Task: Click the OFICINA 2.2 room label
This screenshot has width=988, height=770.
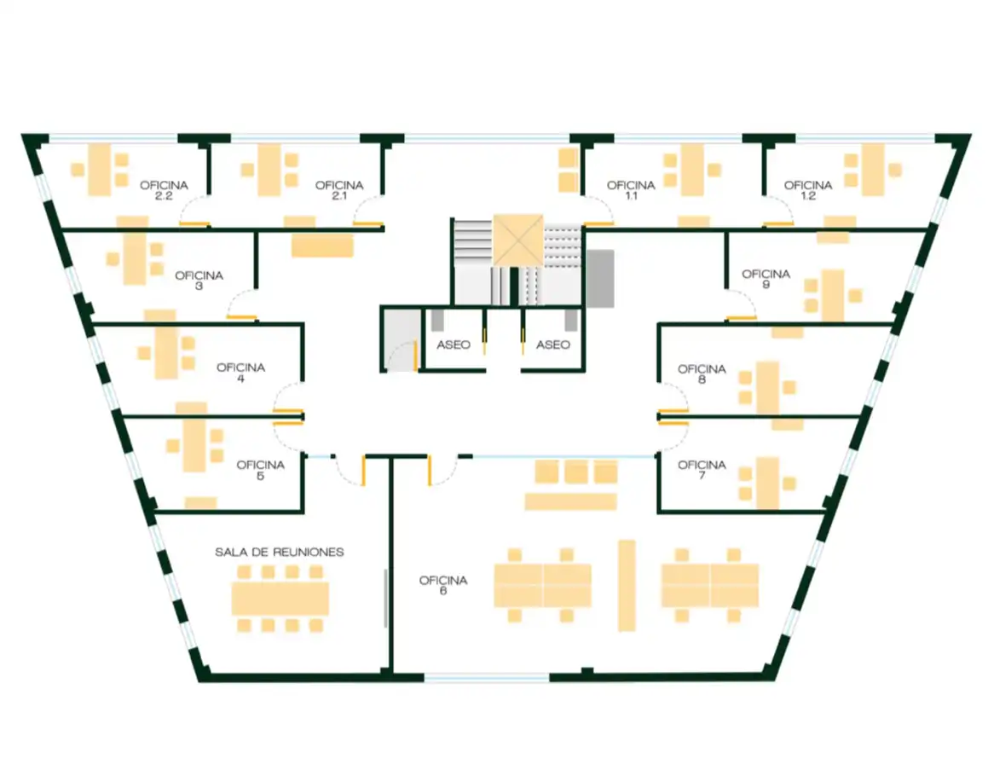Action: tap(164, 189)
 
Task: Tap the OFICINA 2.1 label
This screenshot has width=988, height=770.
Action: tap(339, 189)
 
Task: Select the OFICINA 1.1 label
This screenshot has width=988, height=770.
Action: tap(631, 189)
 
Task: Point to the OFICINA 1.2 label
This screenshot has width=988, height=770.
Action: tap(808, 189)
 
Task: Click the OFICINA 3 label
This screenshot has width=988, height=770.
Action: tap(199, 280)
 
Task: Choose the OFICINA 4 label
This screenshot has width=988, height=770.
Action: tap(240, 372)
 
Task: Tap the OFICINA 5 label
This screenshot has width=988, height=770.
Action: tap(260, 470)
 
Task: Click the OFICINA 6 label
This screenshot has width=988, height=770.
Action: tap(443, 585)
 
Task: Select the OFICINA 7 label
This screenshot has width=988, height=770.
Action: tap(702, 470)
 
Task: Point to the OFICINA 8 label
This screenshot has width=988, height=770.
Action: tap(702, 373)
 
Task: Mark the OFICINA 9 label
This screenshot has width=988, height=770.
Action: tap(766, 279)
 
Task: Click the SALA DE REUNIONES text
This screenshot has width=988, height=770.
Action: tap(280, 552)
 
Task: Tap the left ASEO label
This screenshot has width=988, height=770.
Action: tap(454, 344)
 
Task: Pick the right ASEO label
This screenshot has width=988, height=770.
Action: tap(553, 344)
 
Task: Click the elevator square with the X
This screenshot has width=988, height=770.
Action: tap(518, 240)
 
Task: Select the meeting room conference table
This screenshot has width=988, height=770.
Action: tap(280, 599)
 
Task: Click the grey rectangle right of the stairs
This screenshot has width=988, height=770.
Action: tap(600, 279)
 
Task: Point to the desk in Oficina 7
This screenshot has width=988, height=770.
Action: tap(767, 483)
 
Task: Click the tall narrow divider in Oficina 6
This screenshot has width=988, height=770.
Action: tap(627, 585)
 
